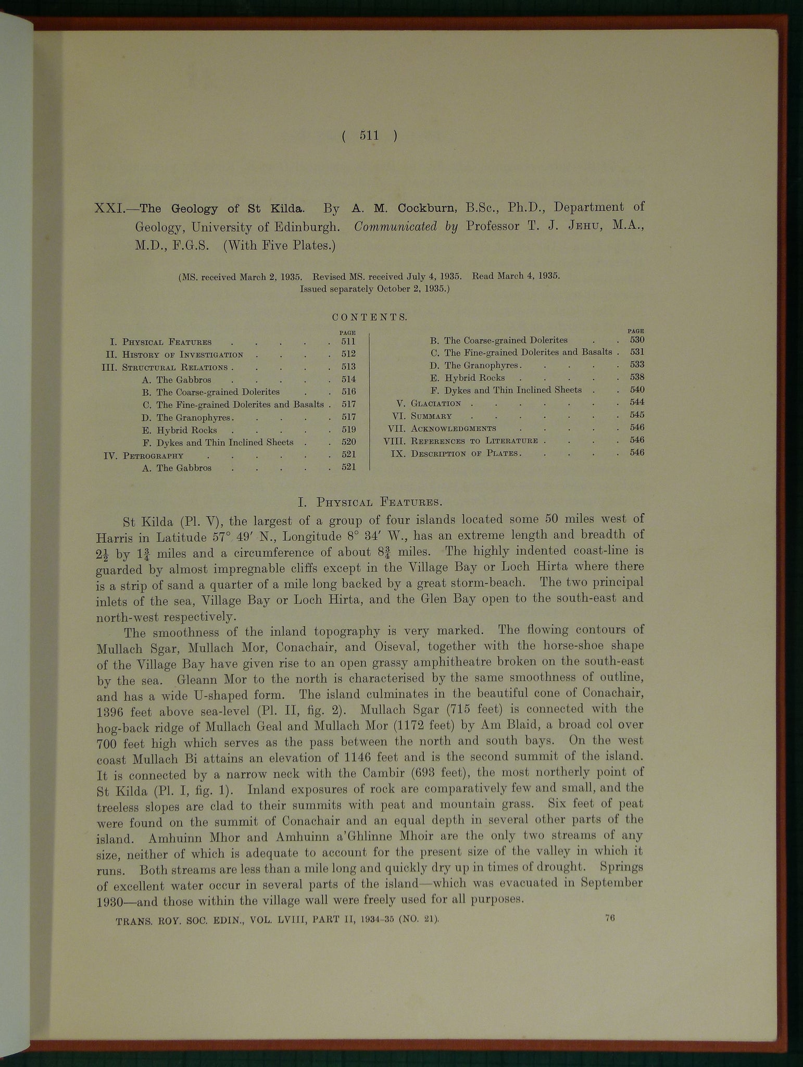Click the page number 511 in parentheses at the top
click(369, 136)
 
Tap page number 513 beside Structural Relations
click(348, 367)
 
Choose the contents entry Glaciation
click(436, 403)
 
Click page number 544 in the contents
click(637, 402)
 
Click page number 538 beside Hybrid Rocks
click(637, 377)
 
